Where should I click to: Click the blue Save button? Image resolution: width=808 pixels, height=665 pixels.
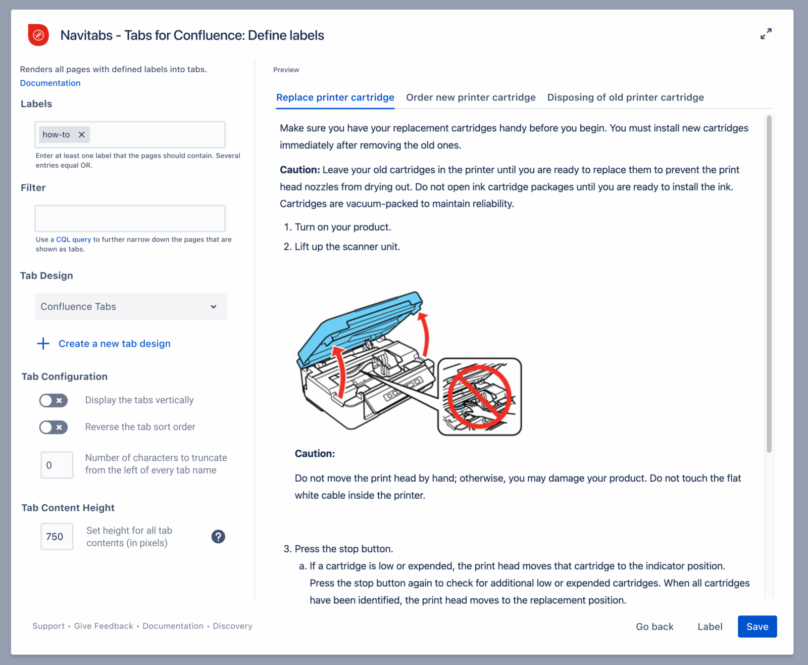(756, 627)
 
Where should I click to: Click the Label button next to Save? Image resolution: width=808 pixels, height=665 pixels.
(710, 627)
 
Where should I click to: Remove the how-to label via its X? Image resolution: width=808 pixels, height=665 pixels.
(82, 134)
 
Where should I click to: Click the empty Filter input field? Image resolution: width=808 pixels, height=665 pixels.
(130, 218)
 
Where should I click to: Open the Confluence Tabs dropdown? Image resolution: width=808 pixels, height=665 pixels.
(131, 306)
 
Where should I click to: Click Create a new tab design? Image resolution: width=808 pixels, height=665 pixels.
(114, 344)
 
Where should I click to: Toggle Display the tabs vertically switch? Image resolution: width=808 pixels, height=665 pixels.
(54, 401)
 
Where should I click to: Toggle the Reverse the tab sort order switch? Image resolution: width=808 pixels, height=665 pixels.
(54, 428)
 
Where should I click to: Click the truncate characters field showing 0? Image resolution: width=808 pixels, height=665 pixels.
(57, 465)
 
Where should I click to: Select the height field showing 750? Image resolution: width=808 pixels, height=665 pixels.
(57, 537)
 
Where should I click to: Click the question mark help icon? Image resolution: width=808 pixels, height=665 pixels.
(218, 537)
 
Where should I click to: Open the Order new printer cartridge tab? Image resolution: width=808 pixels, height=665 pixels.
(471, 97)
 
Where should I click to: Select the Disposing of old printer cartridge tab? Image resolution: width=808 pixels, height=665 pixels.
(625, 97)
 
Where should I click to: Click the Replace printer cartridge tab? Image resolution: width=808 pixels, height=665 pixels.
(335, 97)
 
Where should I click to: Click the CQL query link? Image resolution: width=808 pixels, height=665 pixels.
(74, 240)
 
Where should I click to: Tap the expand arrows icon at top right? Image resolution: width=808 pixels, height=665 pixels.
(766, 34)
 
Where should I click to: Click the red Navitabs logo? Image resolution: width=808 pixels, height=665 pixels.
(38, 35)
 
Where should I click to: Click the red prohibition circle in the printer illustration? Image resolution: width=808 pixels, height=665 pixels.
(479, 397)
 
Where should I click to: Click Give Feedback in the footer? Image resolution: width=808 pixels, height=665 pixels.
(104, 626)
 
